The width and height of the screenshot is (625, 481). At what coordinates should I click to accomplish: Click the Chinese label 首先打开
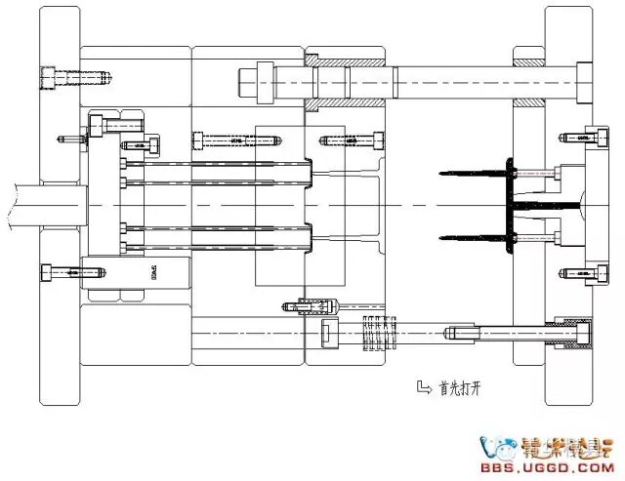[460, 388]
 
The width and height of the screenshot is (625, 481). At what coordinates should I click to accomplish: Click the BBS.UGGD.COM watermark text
[558, 466]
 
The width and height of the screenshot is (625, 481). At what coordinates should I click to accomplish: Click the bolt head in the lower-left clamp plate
[48, 272]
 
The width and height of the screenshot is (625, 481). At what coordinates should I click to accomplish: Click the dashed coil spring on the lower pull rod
[375, 333]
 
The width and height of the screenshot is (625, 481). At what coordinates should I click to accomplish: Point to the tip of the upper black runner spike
[442, 176]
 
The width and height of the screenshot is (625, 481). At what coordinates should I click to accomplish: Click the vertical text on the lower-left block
[154, 273]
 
